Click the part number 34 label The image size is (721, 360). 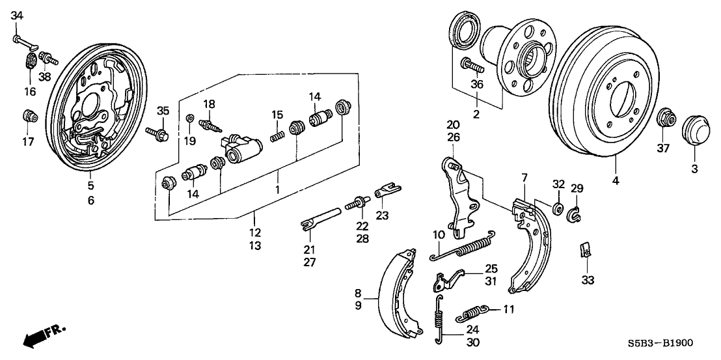tap(18, 16)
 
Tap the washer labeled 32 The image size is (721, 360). tap(558, 208)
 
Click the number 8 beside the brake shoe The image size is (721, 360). tap(357, 294)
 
